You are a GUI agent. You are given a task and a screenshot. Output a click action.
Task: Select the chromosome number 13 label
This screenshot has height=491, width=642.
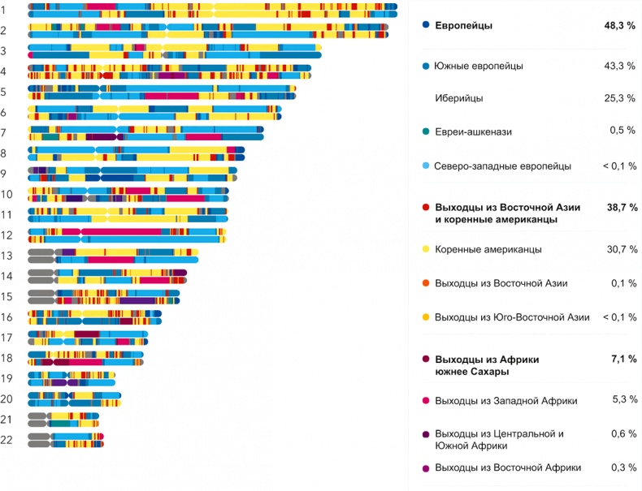[7, 256]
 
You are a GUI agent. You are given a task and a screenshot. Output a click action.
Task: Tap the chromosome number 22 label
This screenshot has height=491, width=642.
[7, 440]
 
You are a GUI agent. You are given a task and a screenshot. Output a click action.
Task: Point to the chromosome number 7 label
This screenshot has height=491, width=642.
[4, 132]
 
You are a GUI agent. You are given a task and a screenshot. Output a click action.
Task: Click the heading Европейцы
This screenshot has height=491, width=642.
[463, 26]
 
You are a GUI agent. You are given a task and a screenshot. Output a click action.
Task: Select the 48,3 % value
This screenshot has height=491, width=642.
[619, 26]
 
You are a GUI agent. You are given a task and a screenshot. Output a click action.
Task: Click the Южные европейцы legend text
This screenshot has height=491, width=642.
[479, 66]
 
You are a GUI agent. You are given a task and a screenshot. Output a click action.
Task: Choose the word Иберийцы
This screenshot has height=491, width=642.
[459, 98]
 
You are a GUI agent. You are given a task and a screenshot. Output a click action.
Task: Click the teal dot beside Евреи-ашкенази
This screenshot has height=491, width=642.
[426, 131]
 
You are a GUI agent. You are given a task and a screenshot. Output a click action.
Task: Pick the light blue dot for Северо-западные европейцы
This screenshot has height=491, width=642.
[426, 166]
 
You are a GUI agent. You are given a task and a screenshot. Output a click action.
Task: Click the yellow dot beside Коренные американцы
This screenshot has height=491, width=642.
[426, 249]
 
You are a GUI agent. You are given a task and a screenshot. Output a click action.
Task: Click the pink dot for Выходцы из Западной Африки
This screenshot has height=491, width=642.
[426, 400]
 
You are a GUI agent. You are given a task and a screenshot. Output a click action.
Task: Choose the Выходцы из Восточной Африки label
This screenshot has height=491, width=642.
[508, 468]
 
